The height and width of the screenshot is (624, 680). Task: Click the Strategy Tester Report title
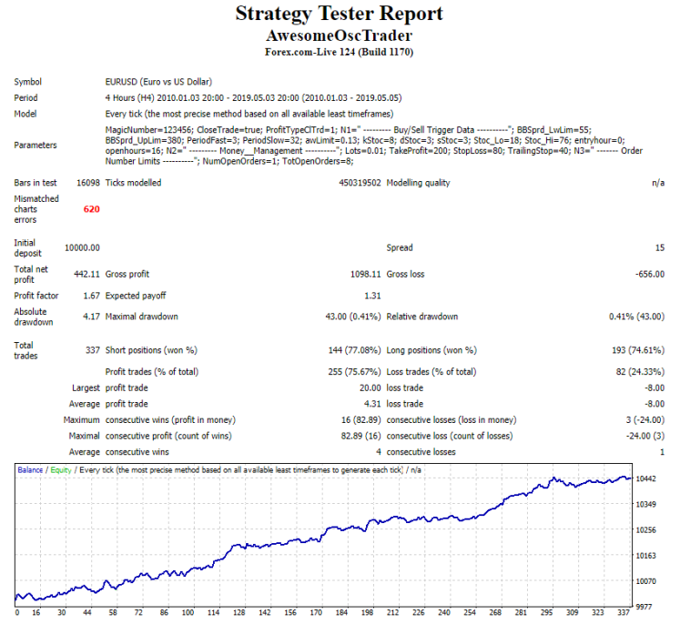click(x=340, y=14)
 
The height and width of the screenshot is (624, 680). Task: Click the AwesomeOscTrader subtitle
click(x=340, y=35)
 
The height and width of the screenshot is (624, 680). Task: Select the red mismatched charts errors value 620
click(x=91, y=209)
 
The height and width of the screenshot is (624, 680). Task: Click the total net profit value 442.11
click(x=86, y=274)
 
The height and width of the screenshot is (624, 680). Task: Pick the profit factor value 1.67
click(x=90, y=296)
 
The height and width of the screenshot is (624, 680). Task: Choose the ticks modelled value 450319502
click(x=350, y=183)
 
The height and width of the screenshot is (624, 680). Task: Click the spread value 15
click(x=659, y=247)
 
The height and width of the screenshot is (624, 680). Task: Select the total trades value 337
click(x=91, y=349)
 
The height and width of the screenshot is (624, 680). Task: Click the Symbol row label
click(x=27, y=82)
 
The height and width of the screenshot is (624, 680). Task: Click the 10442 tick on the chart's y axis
click(x=648, y=478)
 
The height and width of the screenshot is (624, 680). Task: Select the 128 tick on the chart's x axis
click(x=239, y=613)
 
